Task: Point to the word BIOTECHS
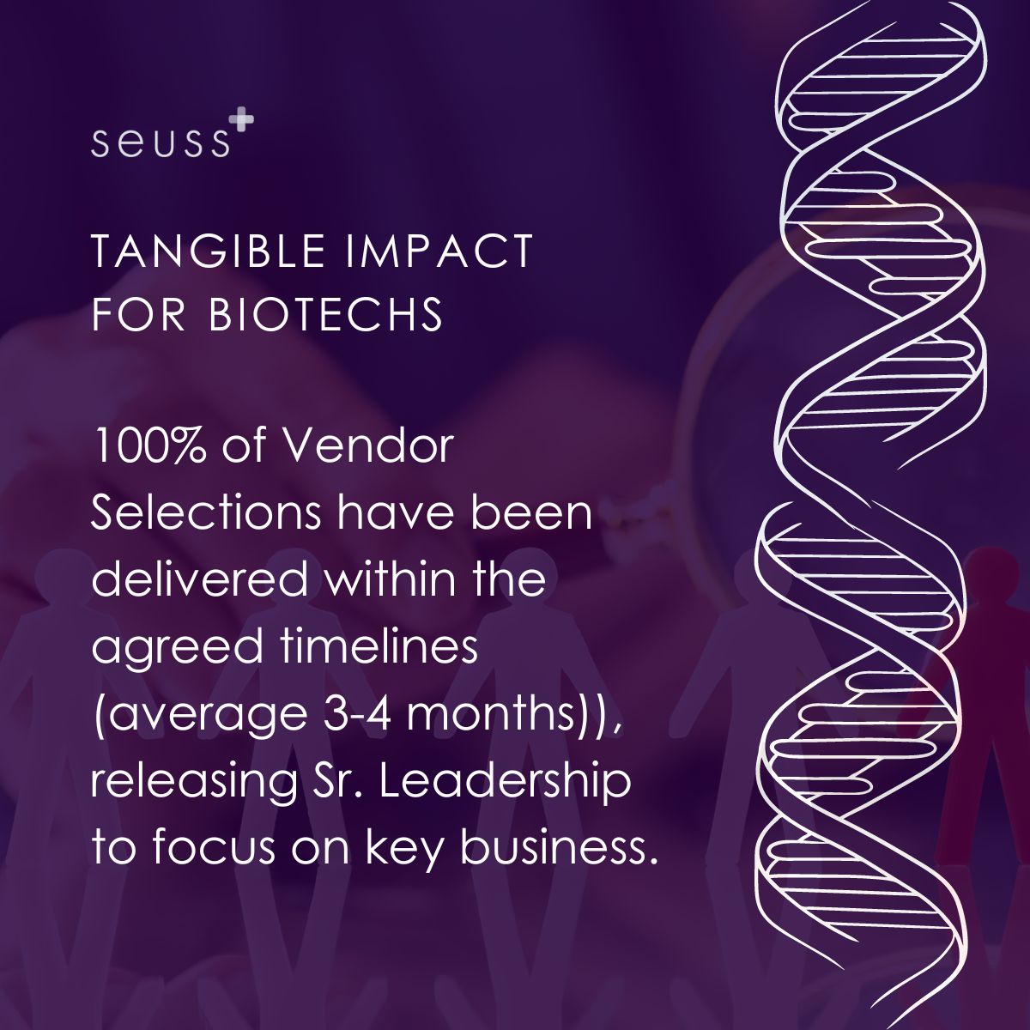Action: (x=325, y=314)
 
